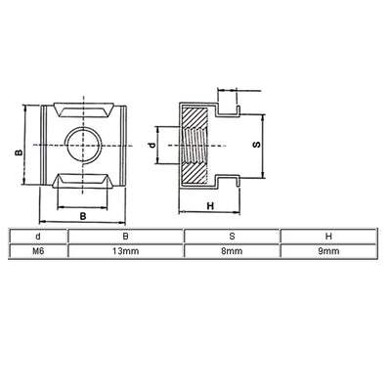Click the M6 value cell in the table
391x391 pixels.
tap(37, 251)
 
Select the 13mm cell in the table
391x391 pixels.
tap(125, 251)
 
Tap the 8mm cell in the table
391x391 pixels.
tap(232, 251)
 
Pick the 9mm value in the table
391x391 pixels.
tap(328, 251)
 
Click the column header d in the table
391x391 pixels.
tap(37, 236)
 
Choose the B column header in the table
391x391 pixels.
tap(125, 236)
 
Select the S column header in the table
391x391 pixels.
tap(232, 236)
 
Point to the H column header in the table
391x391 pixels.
tap(328, 236)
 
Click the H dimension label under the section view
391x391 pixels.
tap(209, 205)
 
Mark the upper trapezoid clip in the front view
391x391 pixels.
tap(79, 109)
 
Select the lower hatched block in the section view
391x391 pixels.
tap(199, 174)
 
